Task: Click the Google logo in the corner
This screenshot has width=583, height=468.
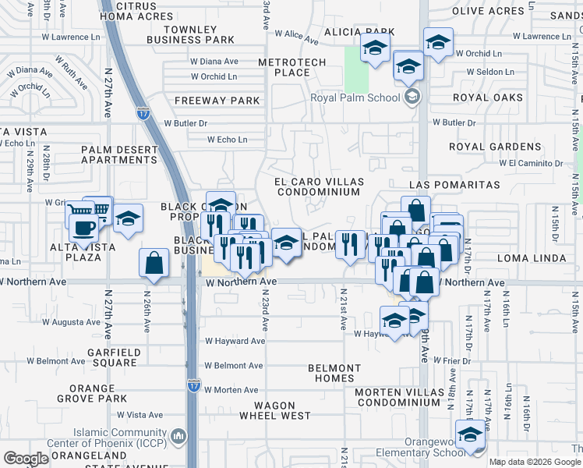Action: click(26, 459)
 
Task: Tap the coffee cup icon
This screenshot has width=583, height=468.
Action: click(84, 228)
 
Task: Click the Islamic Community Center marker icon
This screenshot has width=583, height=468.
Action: click(178, 435)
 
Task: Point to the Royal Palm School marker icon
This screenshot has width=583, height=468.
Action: click(412, 97)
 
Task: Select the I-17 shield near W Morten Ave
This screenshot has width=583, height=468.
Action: click(194, 385)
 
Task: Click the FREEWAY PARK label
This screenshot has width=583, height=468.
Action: click(217, 101)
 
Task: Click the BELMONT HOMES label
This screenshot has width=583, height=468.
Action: click(334, 373)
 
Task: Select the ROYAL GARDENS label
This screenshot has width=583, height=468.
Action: click(495, 147)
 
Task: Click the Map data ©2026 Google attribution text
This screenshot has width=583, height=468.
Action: click(535, 462)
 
